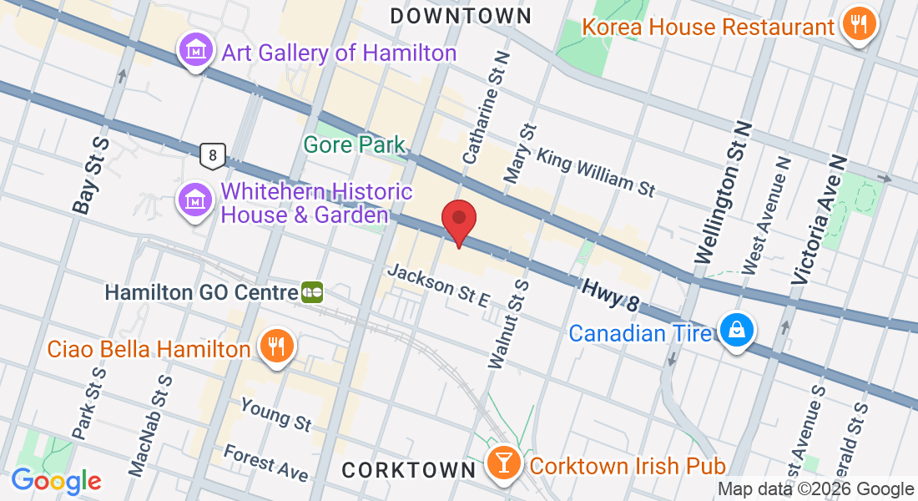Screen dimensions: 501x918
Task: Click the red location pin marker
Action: pyautogui.click(x=458, y=221)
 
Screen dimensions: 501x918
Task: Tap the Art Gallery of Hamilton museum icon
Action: pyautogui.click(x=194, y=52)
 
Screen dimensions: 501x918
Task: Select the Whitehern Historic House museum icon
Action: pyautogui.click(x=194, y=200)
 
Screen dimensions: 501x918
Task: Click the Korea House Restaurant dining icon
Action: pyautogui.click(x=857, y=25)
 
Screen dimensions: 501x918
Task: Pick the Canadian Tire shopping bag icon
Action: pyautogui.click(x=738, y=331)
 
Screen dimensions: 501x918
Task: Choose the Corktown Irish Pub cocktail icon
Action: pyautogui.click(x=504, y=463)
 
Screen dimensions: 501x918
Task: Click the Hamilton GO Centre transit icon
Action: pyautogui.click(x=312, y=292)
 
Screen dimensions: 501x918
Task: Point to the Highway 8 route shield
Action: pyautogui.click(x=213, y=154)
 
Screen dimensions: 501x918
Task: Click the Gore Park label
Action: pyautogui.click(x=354, y=144)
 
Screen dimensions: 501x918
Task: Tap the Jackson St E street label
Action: pyautogui.click(x=438, y=286)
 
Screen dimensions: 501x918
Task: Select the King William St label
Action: pyautogui.click(x=596, y=173)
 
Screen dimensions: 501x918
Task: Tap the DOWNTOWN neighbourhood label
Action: pyautogui.click(x=461, y=16)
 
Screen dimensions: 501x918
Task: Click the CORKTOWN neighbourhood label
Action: pyautogui.click(x=409, y=470)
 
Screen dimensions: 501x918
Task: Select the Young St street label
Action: pyautogui.click(x=275, y=413)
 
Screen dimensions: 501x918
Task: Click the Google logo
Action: pyautogui.click(x=56, y=481)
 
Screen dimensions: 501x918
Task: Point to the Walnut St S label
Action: pyautogui.click(x=509, y=324)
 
